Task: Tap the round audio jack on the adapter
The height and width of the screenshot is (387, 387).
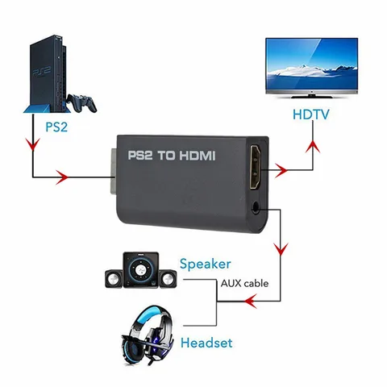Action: click(x=256, y=206)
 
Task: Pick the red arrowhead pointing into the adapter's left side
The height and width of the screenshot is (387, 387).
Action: click(x=61, y=173)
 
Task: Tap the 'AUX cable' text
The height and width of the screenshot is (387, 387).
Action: click(x=243, y=283)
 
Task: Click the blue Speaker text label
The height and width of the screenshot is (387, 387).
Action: click(x=205, y=264)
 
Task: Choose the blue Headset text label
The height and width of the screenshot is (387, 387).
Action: click(x=206, y=343)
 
